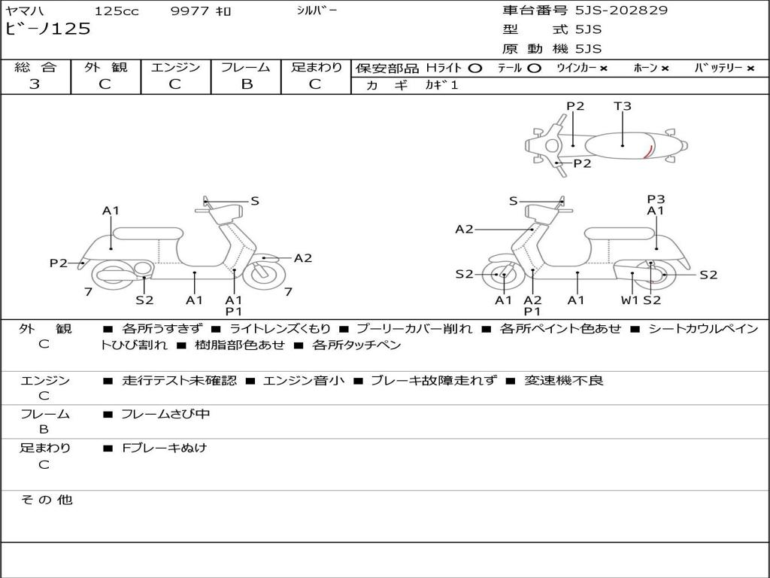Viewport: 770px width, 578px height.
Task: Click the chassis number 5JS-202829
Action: point(621,11)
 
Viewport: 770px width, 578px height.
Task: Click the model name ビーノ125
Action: point(48,29)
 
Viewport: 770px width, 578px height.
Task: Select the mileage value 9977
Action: point(191,11)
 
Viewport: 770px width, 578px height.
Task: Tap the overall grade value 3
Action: point(35,84)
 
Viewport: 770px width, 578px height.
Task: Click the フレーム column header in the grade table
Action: point(246,68)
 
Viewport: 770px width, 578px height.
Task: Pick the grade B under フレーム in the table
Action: point(246,84)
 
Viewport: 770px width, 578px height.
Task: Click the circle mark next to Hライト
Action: point(474,68)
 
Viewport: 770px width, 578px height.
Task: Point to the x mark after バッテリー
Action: point(750,68)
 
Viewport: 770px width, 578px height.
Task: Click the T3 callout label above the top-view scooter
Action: point(623,106)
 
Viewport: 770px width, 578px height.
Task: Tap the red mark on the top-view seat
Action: point(647,151)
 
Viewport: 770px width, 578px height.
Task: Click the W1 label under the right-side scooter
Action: point(629,300)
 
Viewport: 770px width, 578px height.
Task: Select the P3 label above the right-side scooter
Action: point(656,199)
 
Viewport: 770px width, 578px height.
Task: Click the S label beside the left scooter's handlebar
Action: point(255,201)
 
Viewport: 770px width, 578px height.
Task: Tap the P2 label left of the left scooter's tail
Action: point(59,263)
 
